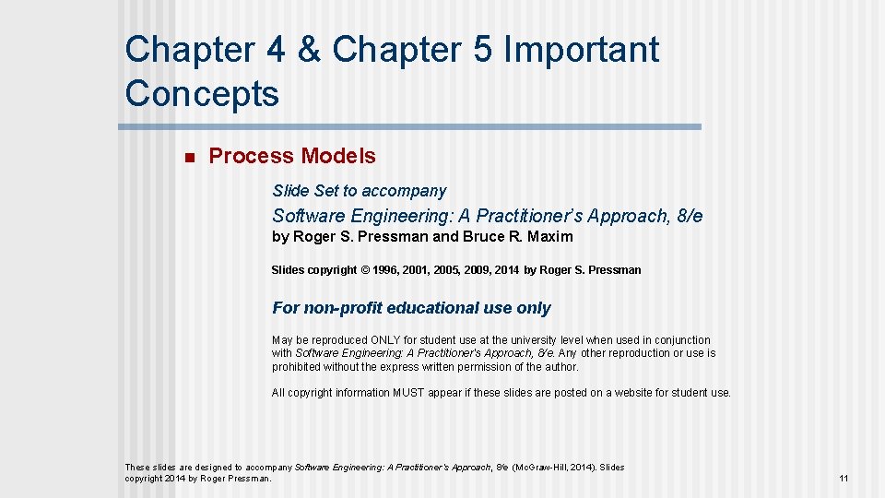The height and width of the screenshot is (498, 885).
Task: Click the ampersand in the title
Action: (x=310, y=50)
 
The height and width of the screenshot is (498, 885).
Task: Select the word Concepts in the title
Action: (x=202, y=93)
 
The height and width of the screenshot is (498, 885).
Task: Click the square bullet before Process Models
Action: (x=188, y=158)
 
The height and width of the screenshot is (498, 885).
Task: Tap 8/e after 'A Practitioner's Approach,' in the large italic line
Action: (x=689, y=216)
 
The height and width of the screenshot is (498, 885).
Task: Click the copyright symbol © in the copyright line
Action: (x=365, y=270)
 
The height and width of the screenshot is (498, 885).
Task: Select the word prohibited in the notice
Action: (x=296, y=366)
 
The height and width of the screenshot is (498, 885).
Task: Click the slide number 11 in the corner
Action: (x=844, y=479)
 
